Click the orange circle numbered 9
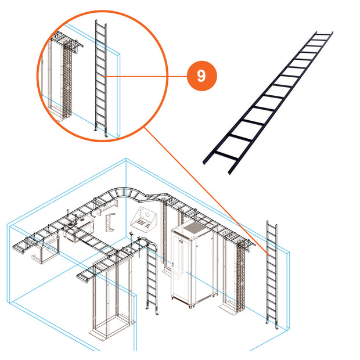point(202,76)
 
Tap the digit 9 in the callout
point(201,76)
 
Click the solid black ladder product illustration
point(268,103)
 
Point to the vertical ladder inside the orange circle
point(101,78)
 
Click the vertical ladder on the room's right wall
point(272,275)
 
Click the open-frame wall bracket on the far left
point(45,251)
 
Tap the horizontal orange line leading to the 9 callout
point(145,76)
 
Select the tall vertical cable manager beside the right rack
point(240,275)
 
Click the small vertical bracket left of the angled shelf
point(110,222)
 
